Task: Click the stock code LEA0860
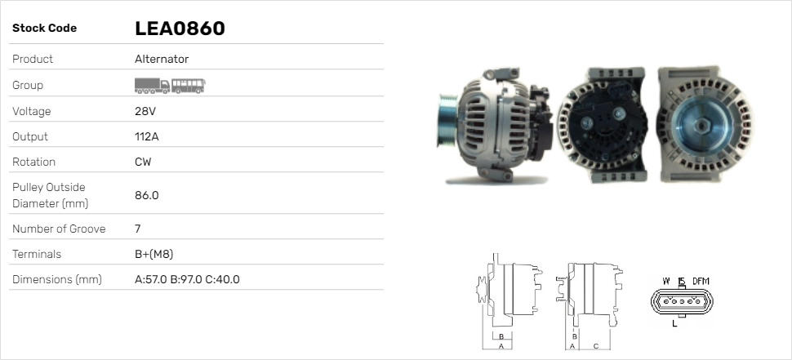pos(180,29)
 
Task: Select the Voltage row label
pos(31,111)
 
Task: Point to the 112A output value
pos(147,136)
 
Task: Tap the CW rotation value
pos(143,162)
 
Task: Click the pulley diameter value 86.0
pos(147,195)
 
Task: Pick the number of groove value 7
pos(137,229)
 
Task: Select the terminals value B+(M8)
pos(154,254)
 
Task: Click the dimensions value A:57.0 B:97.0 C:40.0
pos(187,279)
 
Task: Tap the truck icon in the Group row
pos(152,86)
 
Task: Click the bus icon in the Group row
pos(189,86)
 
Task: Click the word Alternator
pos(162,59)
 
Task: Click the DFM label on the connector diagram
pos(701,282)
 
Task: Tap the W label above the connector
pos(666,282)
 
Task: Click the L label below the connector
pos(674,324)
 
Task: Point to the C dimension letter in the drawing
pos(596,346)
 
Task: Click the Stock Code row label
pos(44,29)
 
